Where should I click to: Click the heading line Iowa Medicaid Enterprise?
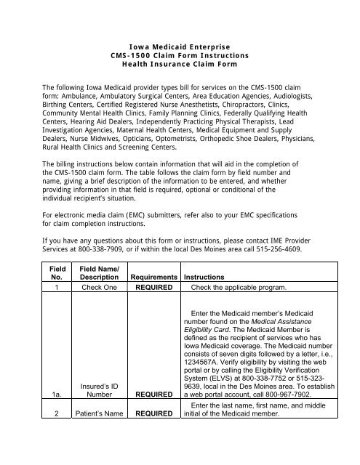tap(179, 45)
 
